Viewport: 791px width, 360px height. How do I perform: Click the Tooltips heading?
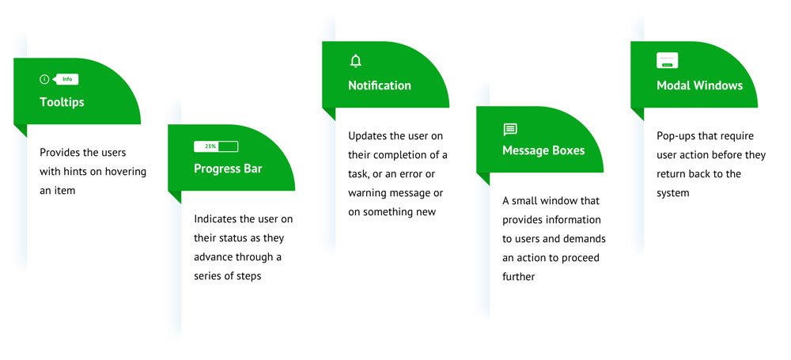pos(62,102)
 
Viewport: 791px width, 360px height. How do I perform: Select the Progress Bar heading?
pos(228,169)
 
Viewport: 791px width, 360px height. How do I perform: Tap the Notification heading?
pos(380,85)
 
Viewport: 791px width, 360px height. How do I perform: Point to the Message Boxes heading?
pos(543,150)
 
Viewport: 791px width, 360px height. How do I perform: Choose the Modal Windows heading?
pos(700,85)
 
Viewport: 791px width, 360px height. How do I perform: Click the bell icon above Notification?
pos(356,61)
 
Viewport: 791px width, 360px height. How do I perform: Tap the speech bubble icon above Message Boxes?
pos(510,130)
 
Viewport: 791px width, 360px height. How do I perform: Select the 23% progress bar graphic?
pos(216,146)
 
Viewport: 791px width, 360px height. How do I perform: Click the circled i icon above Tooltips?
pos(44,79)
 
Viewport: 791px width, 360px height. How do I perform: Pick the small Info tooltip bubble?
pos(66,79)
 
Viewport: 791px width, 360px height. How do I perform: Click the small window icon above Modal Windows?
pos(668,60)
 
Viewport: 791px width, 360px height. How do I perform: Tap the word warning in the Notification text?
pos(365,193)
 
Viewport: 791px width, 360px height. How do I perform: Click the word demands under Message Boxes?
pos(589,238)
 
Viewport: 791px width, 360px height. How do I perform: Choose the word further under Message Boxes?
pos(519,277)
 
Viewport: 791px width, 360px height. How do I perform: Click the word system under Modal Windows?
pos(673,193)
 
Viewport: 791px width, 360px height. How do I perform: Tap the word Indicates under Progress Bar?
pos(214,219)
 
